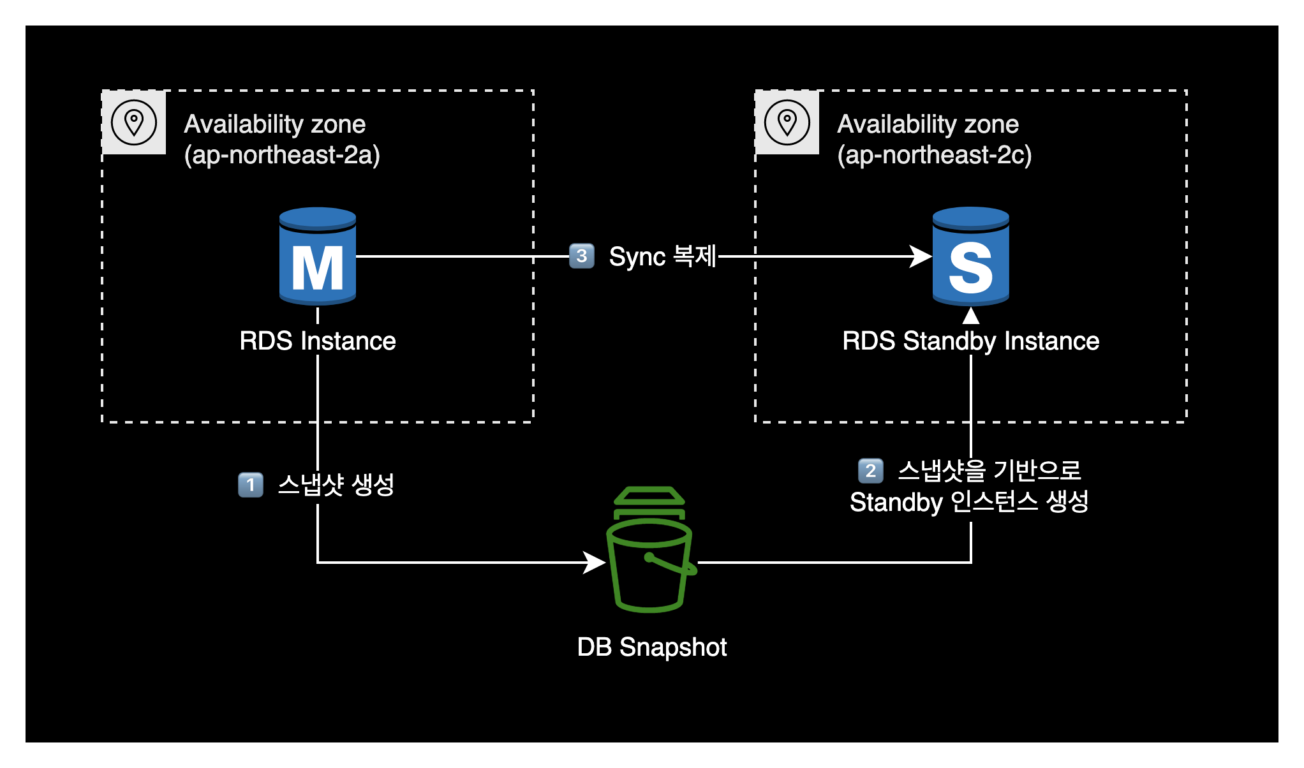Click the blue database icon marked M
(x=318, y=256)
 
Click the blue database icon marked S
(x=970, y=256)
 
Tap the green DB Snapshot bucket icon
(x=650, y=550)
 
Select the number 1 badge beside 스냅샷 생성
(x=251, y=485)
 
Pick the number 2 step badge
(x=871, y=471)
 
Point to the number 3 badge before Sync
(x=581, y=256)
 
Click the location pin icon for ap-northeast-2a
(x=134, y=122)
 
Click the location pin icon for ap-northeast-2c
(x=787, y=122)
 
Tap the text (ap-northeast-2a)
(x=282, y=155)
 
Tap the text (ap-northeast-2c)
(x=935, y=155)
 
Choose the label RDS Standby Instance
(x=970, y=341)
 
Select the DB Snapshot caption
(x=651, y=647)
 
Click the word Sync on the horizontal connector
(x=637, y=257)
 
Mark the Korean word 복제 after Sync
(x=695, y=256)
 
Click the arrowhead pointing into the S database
(x=921, y=256)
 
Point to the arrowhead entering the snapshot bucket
(x=594, y=563)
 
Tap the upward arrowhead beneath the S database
(x=970, y=316)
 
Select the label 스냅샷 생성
(x=336, y=485)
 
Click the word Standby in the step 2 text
(x=896, y=503)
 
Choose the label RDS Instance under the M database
(x=318, y=341)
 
